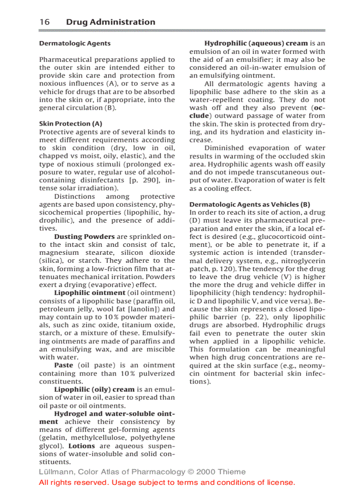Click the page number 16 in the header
44,22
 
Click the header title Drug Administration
110,22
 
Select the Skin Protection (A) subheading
71,124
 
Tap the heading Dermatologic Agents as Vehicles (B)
250,205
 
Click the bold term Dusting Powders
84,237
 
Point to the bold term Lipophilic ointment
90,293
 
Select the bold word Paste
64,365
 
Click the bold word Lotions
82,446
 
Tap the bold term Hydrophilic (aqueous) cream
256,44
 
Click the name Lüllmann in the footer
56,472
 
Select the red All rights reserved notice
167,483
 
